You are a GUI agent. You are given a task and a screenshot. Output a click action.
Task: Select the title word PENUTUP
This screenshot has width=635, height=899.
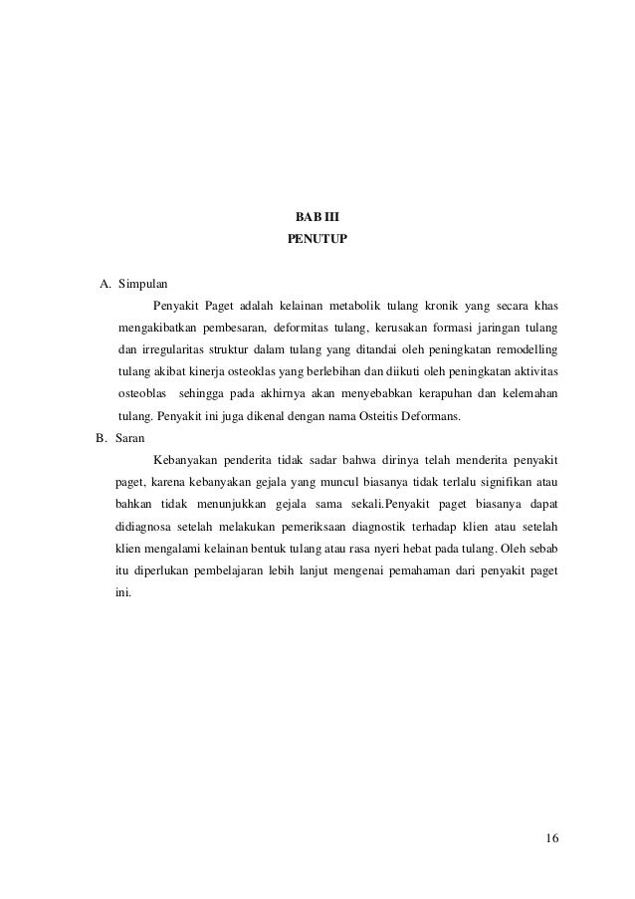click(317, 239)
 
